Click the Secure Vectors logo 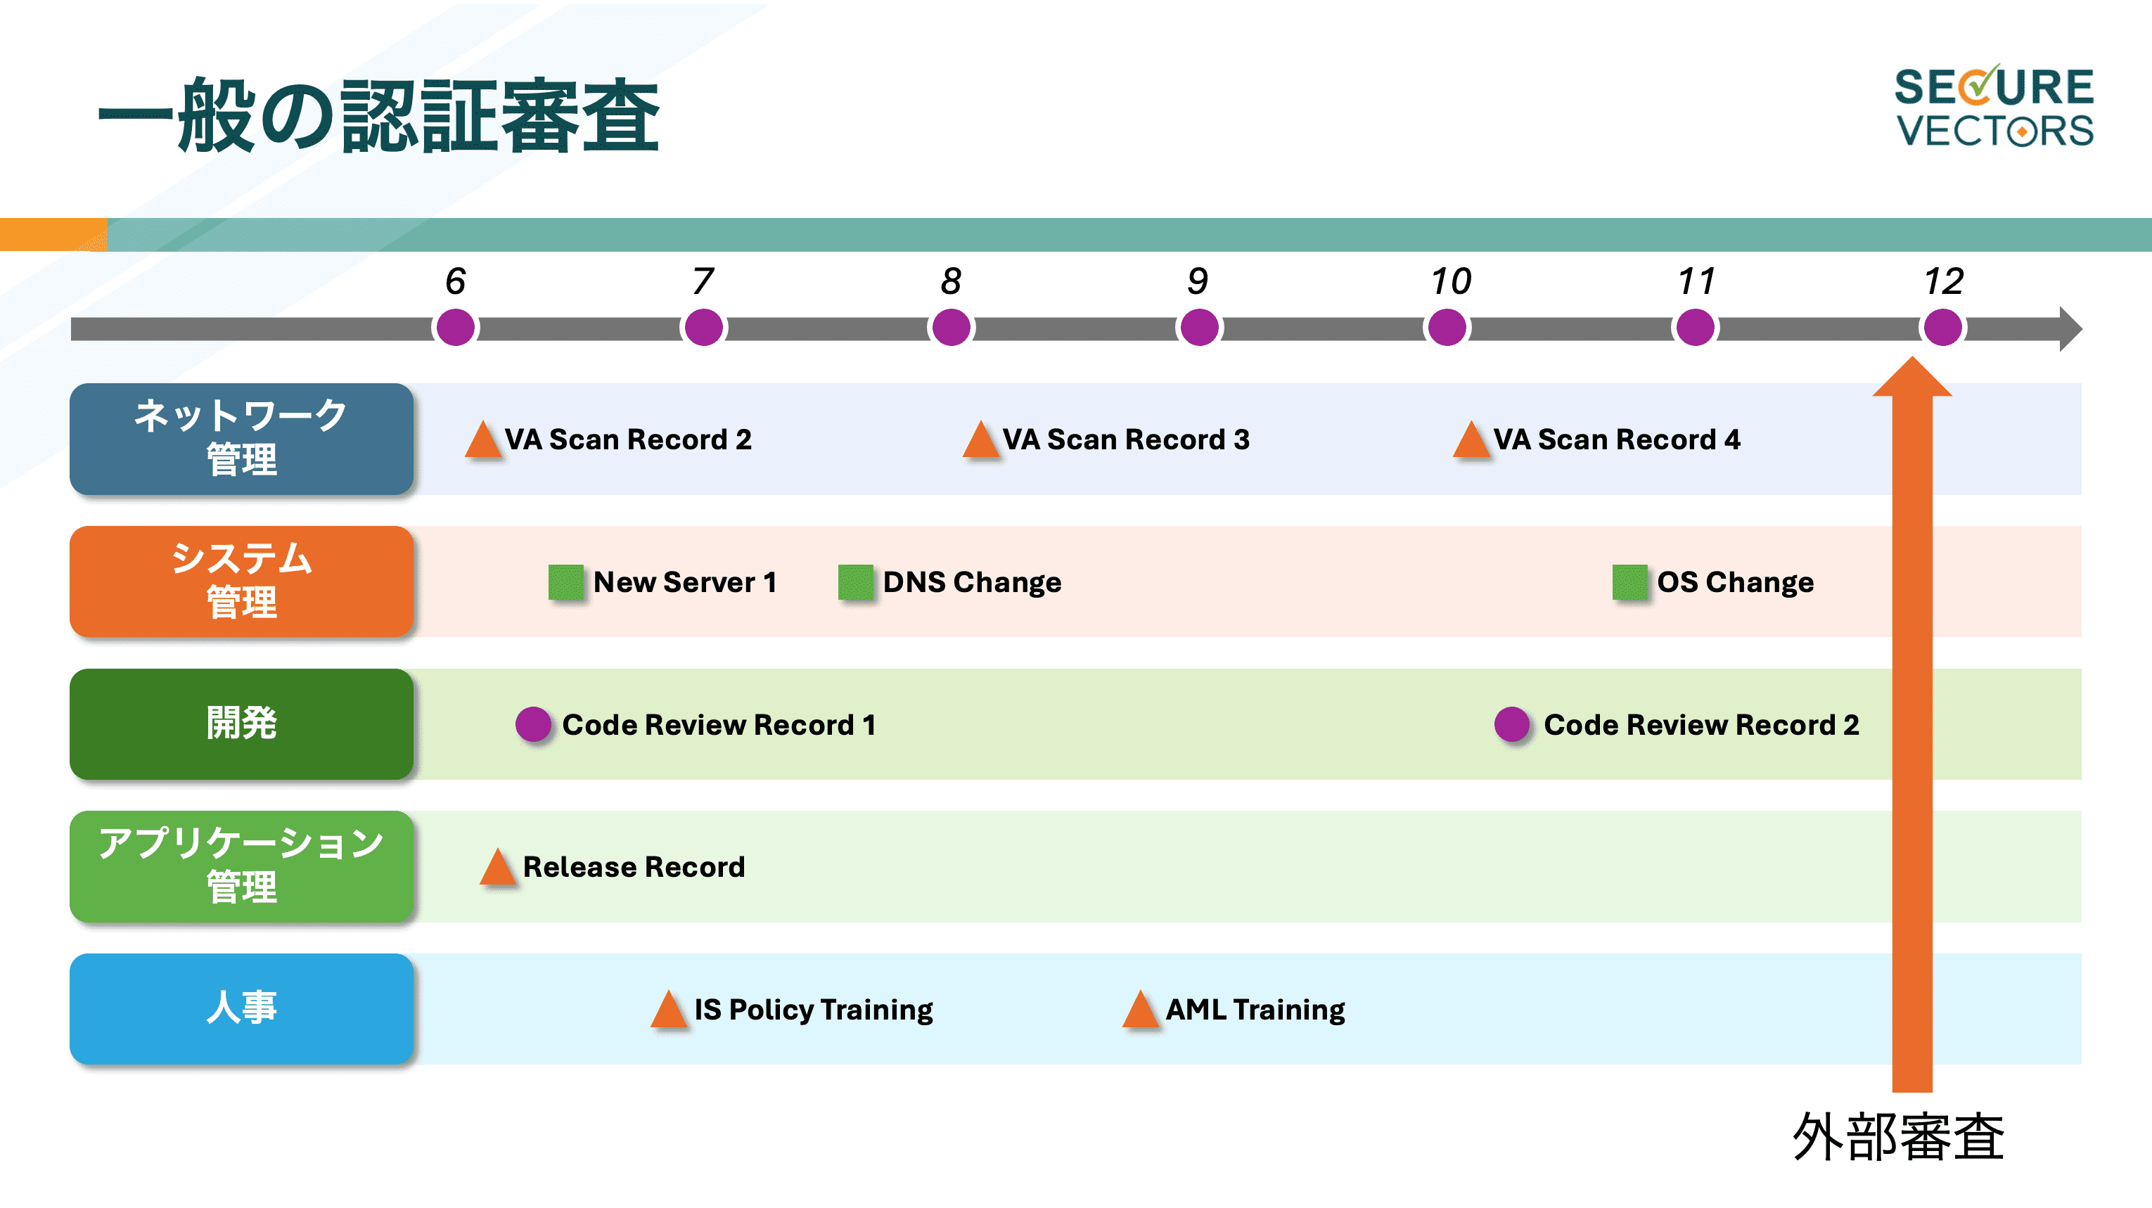pos(1994,107)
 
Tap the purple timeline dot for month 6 pos(455,328)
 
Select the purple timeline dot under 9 pos(1199,328)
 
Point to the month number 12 pos(1943,281)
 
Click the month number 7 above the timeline pos(703,281)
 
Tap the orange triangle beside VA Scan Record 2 pos(483,439)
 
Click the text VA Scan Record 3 pos(1125,439)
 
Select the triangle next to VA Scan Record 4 pos(1472,439)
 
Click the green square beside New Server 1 pos(565,582)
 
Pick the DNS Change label pos(972,582)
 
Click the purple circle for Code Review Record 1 pos(533,724)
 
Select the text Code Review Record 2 pos(1701,725)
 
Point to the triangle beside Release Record pos(498,867)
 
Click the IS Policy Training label pos(814,1010)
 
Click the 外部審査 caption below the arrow pos(1898,1137)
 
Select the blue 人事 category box pos(241,1009)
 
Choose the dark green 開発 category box pos(241,724)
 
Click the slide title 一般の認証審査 pos(378,116)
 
